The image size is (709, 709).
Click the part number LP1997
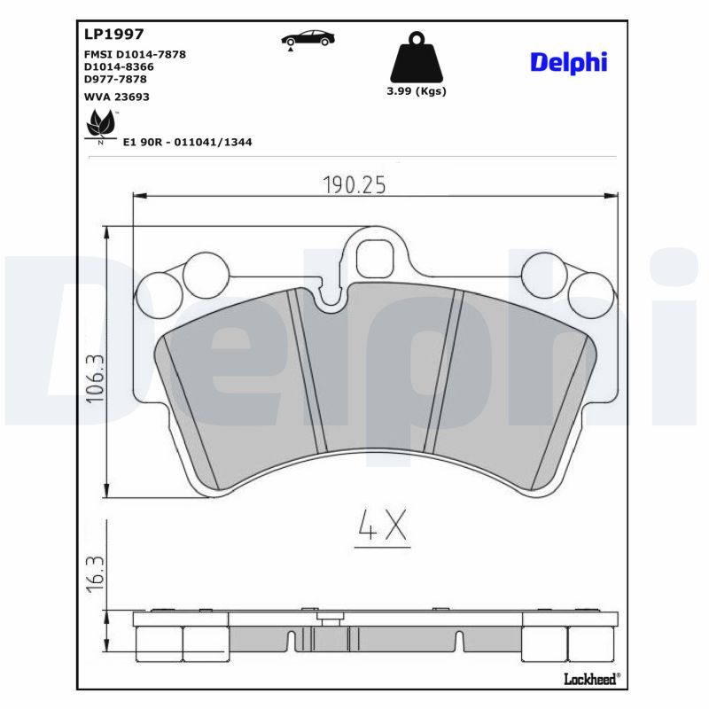pyautogui.click(x=114, y=34)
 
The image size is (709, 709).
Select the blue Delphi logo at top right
pyautogui.click(x=568, y=62)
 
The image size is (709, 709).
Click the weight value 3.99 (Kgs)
pyautogui.click(x=417, y=91)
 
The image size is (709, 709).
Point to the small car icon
pyautogui.click(x=308, y=39)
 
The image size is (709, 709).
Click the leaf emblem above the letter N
pyautogui.click(x=100, y=123)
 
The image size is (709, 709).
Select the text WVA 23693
pyautogui.click(x=117, y=97)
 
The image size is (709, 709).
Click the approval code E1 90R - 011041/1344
pyautogui.click(x=188, y=142)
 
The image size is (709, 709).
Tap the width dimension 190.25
pyautogui.click(x=354, y=185)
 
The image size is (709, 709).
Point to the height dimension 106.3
pyautogui.click(x=95, y=379)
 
